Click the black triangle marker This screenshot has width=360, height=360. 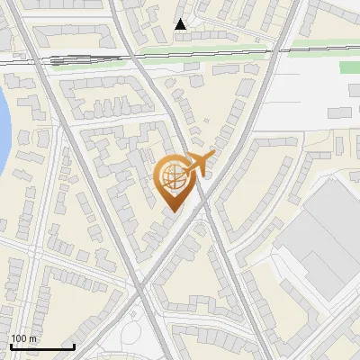[x=181, y=24]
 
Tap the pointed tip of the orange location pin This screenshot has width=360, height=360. [x=173, y=211]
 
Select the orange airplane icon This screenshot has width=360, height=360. [x=199, y=164]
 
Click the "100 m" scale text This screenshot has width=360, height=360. [x=24, y=338]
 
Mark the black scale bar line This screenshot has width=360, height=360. [x=41, y=346]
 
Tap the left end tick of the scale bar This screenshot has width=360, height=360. [x=10, y=345]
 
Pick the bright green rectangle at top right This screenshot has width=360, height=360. [x=349, y=67]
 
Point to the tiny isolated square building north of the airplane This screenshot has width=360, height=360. [x=206, y=120]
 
